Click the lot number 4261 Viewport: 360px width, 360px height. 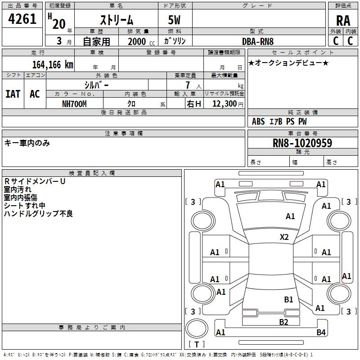(22, 20)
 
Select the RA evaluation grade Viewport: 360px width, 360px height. (343, 20)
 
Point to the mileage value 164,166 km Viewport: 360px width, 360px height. (52, 64)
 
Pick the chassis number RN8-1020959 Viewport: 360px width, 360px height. (302, 143)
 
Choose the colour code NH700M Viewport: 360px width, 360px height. (74, 104)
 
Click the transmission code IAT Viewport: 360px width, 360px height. (13, 94)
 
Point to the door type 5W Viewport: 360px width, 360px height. (175, 20)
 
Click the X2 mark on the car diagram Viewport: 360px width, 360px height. (284, 237)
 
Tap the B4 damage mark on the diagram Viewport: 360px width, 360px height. (321, 333)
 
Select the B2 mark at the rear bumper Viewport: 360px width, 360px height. (283, 322)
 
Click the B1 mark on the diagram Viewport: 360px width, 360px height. (288, 299)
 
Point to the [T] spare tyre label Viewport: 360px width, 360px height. (196, 345)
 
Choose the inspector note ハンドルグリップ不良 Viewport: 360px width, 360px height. (38, 214)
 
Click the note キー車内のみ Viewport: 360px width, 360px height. (27, 143)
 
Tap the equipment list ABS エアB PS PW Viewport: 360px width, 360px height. (279, 121)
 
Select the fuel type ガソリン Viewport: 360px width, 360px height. (175, 41)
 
